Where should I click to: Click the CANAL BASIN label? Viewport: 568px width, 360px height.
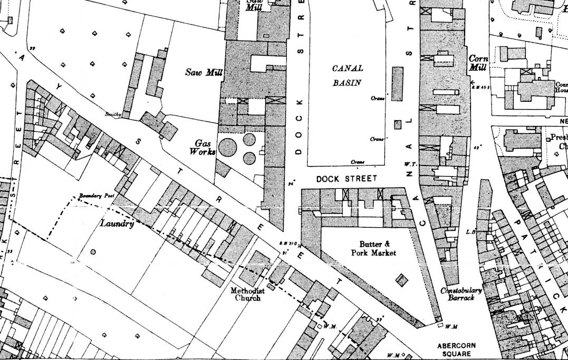coord(348,75)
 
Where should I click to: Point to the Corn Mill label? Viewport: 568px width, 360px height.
coord(478,63)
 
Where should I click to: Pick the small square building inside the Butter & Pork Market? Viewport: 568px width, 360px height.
coord(402,279)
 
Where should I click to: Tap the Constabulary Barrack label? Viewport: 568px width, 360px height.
coord(461,294)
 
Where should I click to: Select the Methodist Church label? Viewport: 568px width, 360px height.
coord(247,294)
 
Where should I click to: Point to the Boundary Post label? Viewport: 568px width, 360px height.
coord(97,196)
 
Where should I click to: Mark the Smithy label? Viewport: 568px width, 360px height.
coord(113,114)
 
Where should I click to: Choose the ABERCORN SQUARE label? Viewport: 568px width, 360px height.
coord(456,349)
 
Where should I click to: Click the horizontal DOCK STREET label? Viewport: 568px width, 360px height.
coord(346,179)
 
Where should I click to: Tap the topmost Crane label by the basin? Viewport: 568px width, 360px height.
coord(377,99)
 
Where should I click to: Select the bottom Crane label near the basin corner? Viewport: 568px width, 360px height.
coord(359,162)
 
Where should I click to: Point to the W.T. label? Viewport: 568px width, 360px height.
coord(411,164)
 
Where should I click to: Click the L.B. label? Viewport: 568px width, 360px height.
coord(471,231)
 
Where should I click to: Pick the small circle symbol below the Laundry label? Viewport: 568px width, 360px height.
coord(93,252)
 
